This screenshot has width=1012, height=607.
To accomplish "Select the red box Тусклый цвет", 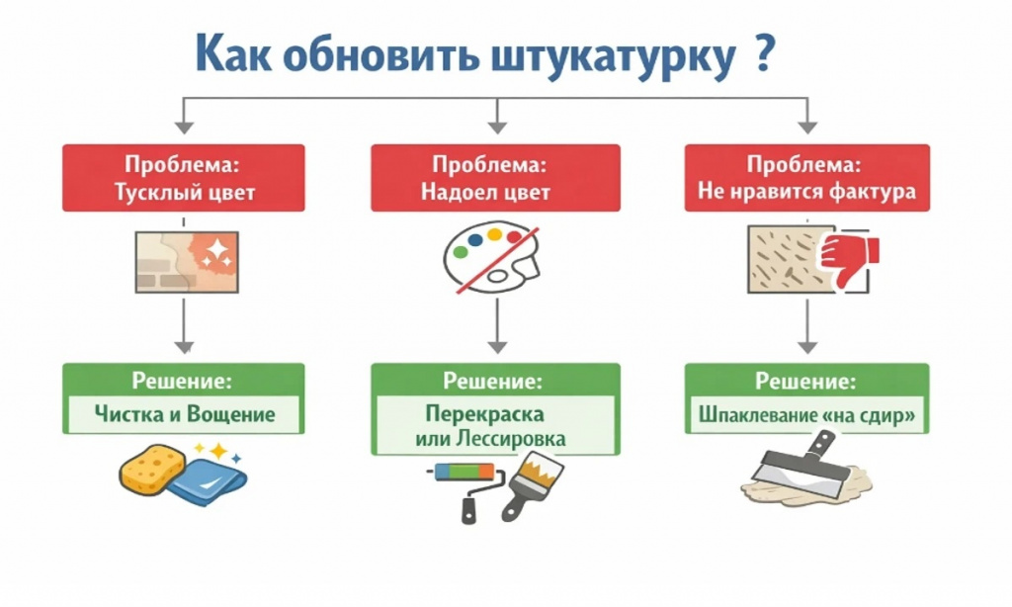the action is pos(184,178).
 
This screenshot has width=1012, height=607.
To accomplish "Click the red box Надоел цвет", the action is pos(495,178).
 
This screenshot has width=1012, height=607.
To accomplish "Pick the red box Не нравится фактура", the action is pos(806,178).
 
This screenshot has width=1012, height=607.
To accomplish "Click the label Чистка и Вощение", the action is pos(184,413).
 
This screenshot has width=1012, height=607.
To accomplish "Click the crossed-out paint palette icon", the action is pos(491,257).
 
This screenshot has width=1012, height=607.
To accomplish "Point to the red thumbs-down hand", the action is pos(847,256).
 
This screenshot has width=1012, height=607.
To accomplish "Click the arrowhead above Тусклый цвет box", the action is pos(184,126).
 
